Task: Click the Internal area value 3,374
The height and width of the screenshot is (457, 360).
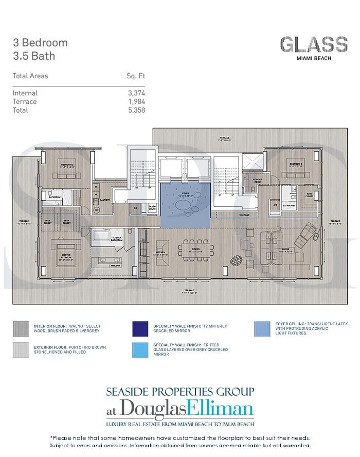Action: (x=136, y=93)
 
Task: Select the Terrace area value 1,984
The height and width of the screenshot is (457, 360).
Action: (x=136, y=102)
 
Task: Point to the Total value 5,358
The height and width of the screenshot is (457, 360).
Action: (x=136, y=110)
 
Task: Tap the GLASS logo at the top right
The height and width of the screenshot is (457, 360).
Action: (x=314, y=45)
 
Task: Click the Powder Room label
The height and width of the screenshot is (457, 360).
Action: (x=258, y=180)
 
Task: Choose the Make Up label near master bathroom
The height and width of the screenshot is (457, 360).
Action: (x=116, y=265)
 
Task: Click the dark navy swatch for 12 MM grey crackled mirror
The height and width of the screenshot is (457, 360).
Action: (x=140, y=329)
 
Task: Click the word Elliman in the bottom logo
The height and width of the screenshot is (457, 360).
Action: (x=222, y=410)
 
